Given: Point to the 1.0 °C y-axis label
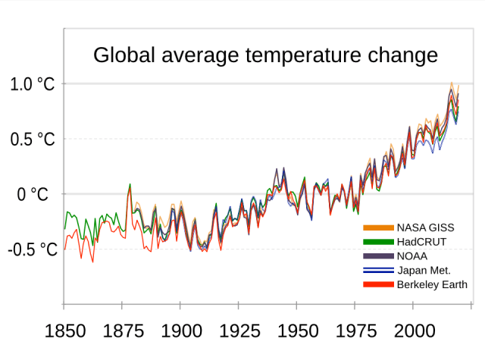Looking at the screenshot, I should [x=32, y=84].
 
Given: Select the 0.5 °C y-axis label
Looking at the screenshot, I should [x=32, y=140].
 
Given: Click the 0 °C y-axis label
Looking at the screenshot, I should [x=33, y=195].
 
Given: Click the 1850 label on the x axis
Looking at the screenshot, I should [x=64, y=331].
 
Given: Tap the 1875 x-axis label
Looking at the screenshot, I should [x=122, y=331].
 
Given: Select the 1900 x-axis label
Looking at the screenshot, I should [x=180, y=331].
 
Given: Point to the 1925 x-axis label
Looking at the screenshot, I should [x=238, y=331].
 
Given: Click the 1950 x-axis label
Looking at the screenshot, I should [x=296, y=331].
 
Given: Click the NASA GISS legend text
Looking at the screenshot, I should [x=427, y=227].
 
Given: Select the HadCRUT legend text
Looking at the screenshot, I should [x=421, y=242].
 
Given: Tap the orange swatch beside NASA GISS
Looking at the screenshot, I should [x=378, y=227].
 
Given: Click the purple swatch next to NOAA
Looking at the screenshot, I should [x=378, y=256].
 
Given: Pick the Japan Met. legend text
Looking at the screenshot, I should [x=424, y=270].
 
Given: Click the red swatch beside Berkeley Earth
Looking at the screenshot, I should [x=378, y=284].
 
